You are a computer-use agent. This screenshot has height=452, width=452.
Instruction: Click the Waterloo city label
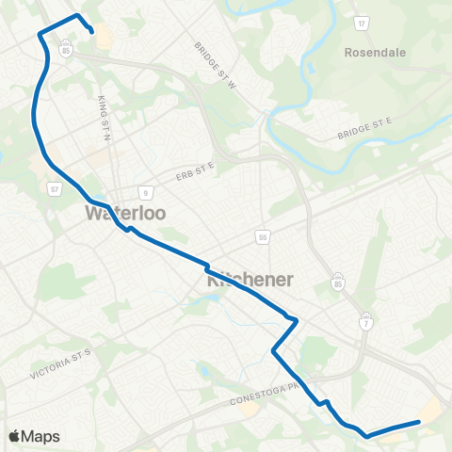pos(125,213)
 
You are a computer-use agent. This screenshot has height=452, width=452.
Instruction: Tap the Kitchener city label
pos(250,280)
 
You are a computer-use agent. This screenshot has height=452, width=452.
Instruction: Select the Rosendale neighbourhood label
pos(375,53)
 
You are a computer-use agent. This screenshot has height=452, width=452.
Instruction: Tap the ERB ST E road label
pos(194,171)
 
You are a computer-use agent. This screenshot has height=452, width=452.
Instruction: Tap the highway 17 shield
pos(361,21)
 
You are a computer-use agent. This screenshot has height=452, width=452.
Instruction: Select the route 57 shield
pos(55,189)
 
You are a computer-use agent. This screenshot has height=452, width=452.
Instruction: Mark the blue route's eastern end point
pos(418,422)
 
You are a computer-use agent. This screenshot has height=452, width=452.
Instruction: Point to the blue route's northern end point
pos(92,32)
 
